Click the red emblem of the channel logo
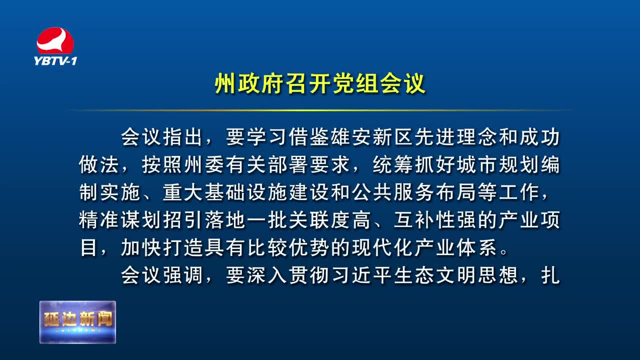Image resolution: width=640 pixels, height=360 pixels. tap(55, 40)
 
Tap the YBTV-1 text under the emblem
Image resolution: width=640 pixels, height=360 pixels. tap(55, 61)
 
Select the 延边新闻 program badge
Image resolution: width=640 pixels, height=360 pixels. tap(77, 322)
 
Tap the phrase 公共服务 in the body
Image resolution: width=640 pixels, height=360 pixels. tap(393, 192)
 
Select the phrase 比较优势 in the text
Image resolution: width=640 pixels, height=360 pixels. tap(288, 247)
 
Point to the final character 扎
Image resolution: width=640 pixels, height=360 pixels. tap(550, 275)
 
